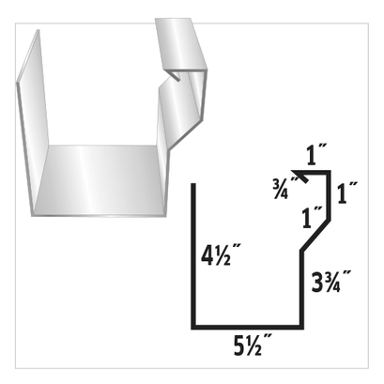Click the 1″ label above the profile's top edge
pos(316,153)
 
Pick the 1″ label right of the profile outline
pos(347,196)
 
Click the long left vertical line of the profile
pos(194,253)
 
